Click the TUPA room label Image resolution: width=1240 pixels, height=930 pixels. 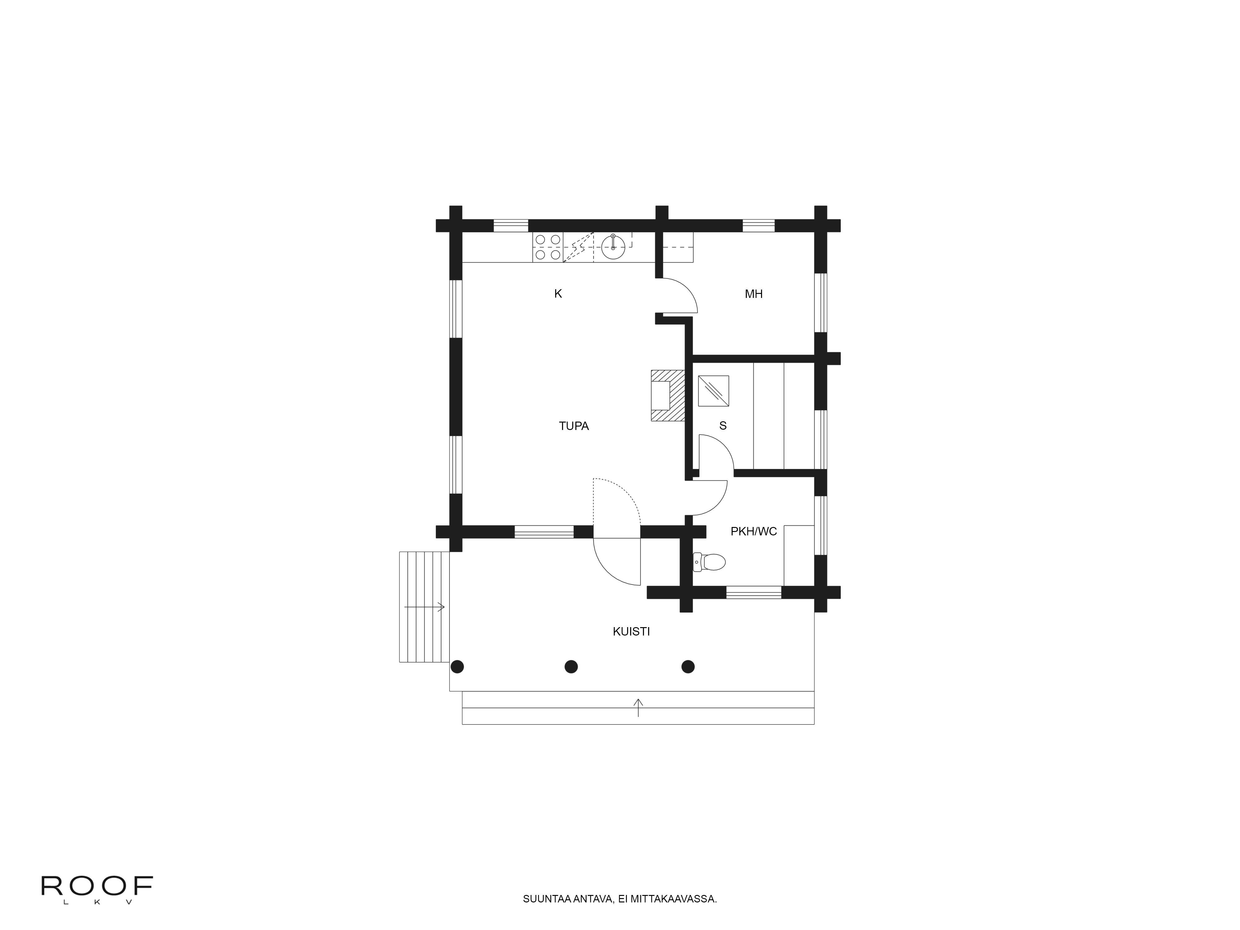573,426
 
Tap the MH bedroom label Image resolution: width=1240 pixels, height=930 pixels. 753,294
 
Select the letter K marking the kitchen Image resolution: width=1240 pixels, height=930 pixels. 558,294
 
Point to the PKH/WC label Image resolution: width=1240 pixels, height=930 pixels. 753,531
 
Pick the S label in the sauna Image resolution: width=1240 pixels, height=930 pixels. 723,426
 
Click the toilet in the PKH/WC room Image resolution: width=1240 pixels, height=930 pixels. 709,561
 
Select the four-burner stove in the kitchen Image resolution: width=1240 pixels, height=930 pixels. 548,247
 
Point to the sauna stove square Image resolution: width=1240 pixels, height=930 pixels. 713,391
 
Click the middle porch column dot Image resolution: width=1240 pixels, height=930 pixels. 571,666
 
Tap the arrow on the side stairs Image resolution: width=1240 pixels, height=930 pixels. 424,607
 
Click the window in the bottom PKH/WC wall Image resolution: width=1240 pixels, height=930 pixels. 753,592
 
